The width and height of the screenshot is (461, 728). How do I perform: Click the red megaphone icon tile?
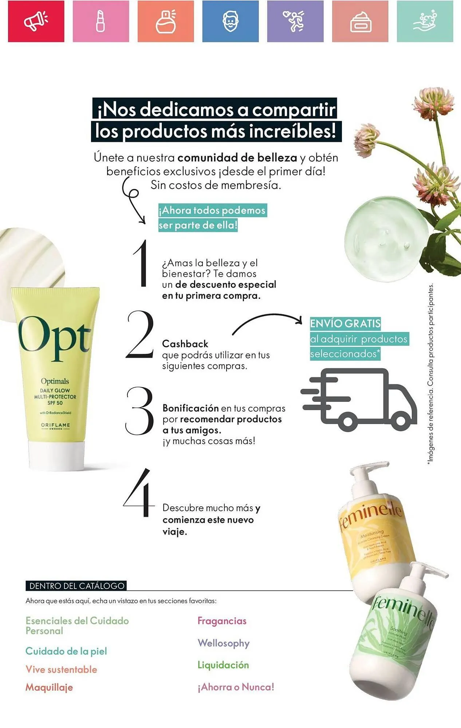pyautogui.click(x=36, y=21)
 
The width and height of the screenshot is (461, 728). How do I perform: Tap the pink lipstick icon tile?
pyautogui.click(x=101, y=21)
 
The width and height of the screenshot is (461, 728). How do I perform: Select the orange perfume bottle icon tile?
pyautogui.click(x=166, y=21)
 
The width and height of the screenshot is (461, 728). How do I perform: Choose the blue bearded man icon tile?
pyautogui.click(x=230, y=21)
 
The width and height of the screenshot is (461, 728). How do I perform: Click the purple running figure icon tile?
pyautogui.click(x=295, y=21)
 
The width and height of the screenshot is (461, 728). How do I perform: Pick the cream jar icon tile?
pyautogui.click(x=360, y=21)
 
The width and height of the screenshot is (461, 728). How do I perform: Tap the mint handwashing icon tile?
pyautogui.click(x=425, y=21)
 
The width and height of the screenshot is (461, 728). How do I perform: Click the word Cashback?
pyautogui.click(x=185, y=344)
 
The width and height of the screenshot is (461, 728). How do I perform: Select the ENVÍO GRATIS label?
pyautogui.click(x=345, y=323)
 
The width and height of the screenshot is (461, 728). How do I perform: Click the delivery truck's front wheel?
pyautogui.click(x=401, y=421)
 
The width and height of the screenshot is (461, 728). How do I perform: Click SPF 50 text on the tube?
pyautogui.click(x=55, y=403)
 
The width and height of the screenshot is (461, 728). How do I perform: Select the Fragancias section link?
pyautogui.click(x=222, y=621)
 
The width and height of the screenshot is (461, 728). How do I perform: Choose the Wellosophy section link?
pyautogui.click(x=224, y=643)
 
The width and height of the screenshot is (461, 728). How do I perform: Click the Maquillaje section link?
pyautogui.click(x=49, y=687)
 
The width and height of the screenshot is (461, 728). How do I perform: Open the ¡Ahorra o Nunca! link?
pyautogui.click(x=236, y=687)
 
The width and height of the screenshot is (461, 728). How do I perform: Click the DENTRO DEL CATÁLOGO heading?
pyautogui.click(x=76, y=586)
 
